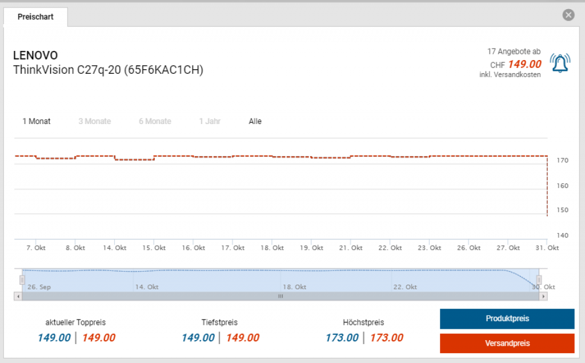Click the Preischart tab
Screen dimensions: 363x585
click(x=35, y=17)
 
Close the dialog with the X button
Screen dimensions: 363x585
click(x=568, y=15)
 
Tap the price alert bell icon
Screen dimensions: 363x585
click(x=560, y=63)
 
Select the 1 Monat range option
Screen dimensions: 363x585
click(x=37, y=121)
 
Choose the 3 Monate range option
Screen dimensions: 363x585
click(x=95, y=121)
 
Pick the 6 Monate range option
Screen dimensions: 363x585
click(x=155, y=121)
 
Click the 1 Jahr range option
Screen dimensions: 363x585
click(x=210, y=121)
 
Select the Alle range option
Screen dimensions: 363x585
click(x=255, y=121)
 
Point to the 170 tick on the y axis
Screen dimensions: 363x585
click(x=562, y=161)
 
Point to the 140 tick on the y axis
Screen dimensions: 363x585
click(x=562, y=236)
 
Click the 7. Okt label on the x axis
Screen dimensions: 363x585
click(x=36, y=248)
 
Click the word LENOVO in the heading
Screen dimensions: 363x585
click(x=35, y=55)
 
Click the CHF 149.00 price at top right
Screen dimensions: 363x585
click(x=516, y=65)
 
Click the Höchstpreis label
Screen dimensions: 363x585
click(x=363, y=322)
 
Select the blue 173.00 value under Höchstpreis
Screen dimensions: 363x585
click(x=342, y=338)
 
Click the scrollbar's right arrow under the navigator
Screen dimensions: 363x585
click(x=543, y=296)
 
